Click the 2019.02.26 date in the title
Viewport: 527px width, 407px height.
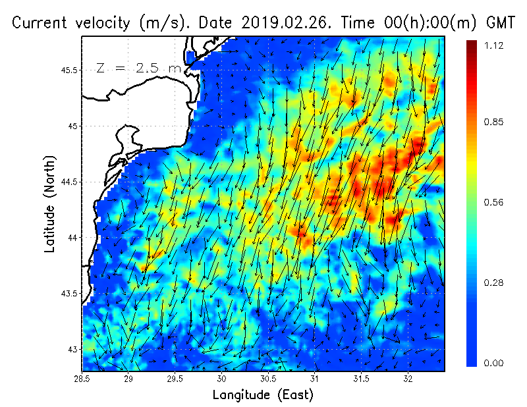pos(291,22)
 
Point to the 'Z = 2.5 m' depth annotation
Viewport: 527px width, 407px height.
pos(137,68)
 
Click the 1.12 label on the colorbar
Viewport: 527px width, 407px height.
pos(493,45)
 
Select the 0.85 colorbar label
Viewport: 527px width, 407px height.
pos(493,122)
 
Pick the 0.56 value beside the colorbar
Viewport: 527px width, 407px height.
pos(493,202)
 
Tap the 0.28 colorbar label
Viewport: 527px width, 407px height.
pos(493,283)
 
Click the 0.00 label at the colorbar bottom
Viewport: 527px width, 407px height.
pos(493,363)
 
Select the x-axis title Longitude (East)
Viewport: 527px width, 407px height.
pos(263,395)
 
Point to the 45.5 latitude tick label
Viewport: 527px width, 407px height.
pos(67,70)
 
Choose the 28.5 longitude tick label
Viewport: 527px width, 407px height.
pos(82,379)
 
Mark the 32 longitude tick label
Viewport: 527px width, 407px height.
pos(408,379)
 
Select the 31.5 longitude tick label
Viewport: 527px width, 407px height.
pos(362,379)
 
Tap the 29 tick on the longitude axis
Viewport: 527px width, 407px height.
pos(129,379)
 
